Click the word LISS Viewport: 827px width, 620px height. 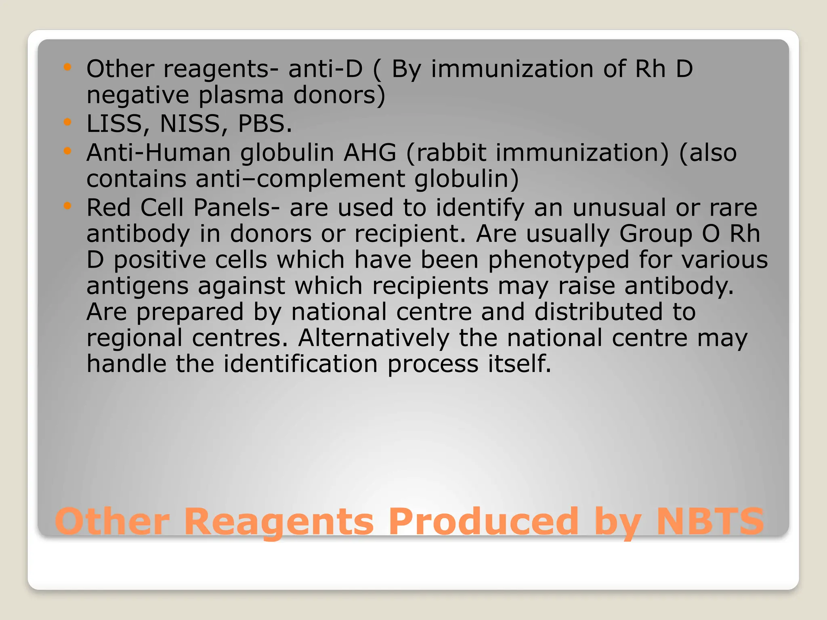(114, 124)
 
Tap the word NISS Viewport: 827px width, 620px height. (190, 124)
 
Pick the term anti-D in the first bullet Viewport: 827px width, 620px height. (325, 69)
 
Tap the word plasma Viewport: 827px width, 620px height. (241, 95)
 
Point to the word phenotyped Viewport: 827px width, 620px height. (558, 260)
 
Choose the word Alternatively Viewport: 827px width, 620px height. (374, 338)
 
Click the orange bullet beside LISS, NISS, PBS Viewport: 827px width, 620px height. (67, 121)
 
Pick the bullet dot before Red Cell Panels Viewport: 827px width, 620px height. (67, 205)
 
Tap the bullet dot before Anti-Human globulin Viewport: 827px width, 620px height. (67, 151)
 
